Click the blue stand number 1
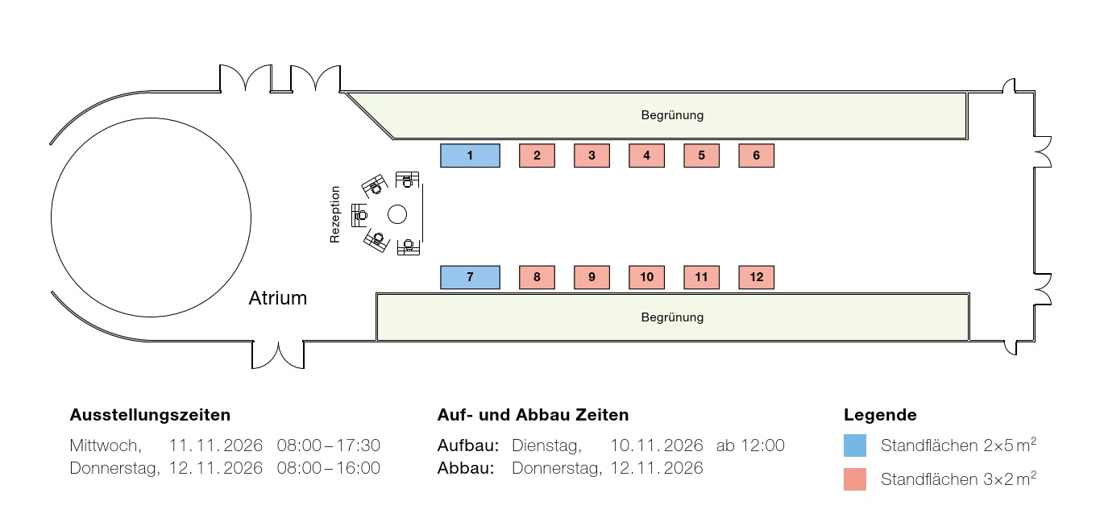point(470,155)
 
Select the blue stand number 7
point(470,277)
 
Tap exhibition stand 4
point(646,155)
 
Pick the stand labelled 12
point(756,277)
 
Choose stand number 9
point(592,277)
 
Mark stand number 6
point(756,155)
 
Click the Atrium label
point(277,298)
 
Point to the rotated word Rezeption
point(334,214)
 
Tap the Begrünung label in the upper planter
point(672,115)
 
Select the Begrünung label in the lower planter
point(672,317)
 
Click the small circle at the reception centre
point(397,214)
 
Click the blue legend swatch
point(855,445)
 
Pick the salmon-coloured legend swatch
point(855,479)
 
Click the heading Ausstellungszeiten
point(150,415)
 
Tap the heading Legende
point(880,415)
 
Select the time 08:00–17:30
point(329,445)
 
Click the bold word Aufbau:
point(468,445)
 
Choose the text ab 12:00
point(750,445)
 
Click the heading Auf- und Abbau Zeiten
point(533,415)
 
